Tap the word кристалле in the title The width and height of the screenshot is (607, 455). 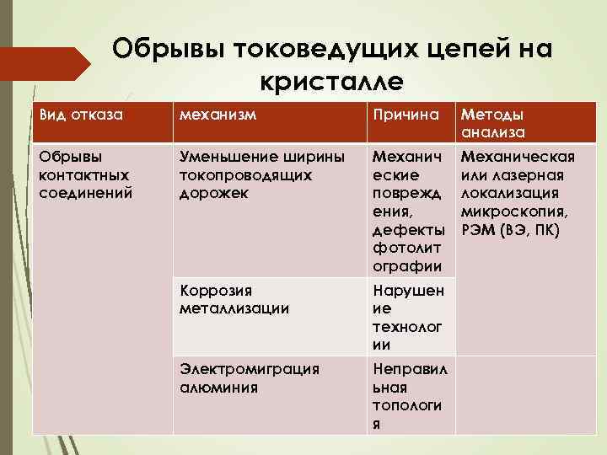pyautogui.click(x=332, y=81)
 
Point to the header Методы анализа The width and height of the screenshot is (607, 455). pyautogui.click(x=492, y=124)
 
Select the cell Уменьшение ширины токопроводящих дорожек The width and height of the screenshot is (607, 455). pyautogui.click(x=262, y=176)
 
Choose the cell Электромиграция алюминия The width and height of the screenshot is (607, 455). pyautogui.click(x=250, y=378)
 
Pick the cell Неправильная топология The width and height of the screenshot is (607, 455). pyautogui.click(x=410, y=396)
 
